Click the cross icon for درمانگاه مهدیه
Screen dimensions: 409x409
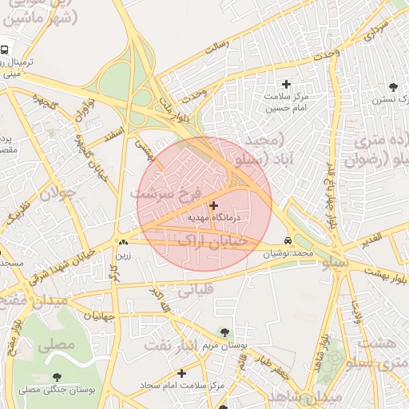(x=213, y=205)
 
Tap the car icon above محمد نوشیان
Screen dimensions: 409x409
(x=288, y=241)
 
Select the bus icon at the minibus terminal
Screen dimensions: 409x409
(x=4, y=50)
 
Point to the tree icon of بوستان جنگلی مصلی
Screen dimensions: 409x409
(x=56, y=377)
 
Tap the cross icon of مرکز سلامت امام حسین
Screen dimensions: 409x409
(x=287, y=84)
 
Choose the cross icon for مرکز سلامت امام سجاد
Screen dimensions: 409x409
(x=181, y=373)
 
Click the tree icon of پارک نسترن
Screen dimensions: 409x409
(x=392, y=87)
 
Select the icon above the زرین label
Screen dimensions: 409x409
(x=123, y=243)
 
